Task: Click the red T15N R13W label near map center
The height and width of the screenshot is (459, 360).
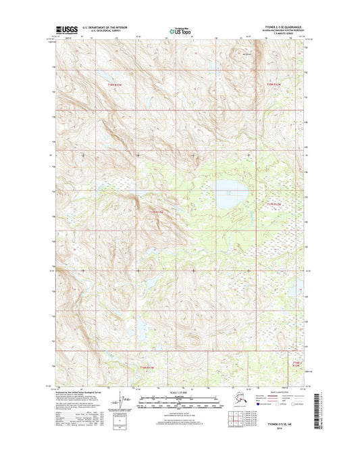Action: (x=156, y=212)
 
